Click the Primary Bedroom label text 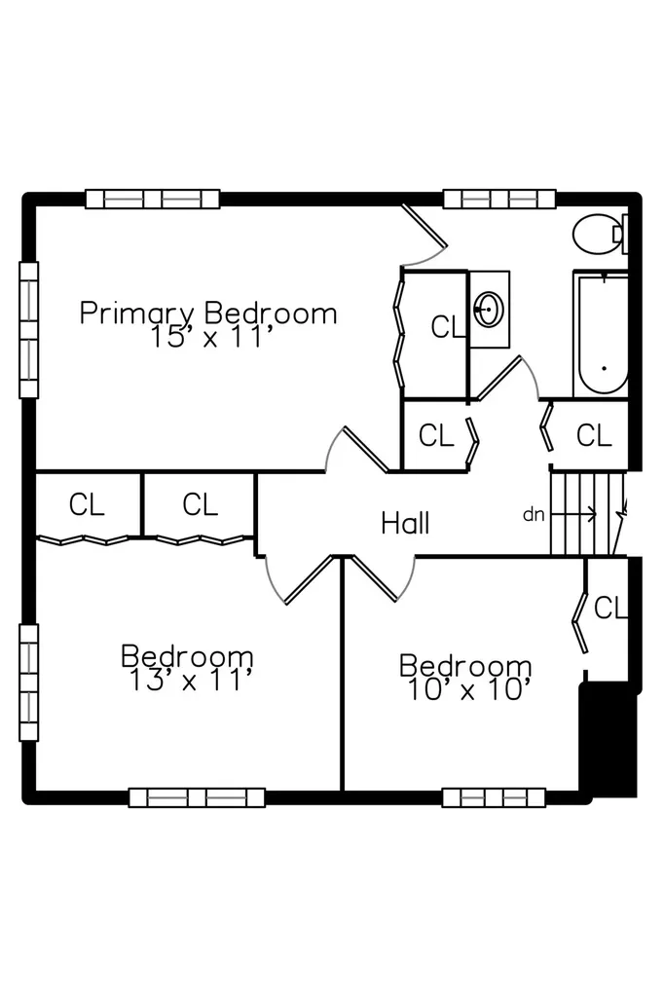[x=208, y=314]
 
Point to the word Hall [x=405, y=523]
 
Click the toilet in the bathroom [x=601, y=234]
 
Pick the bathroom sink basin [x=489, y=310]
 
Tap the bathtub [x=601, y=335]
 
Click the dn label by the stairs [x=534, y=514]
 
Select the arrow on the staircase [x=573, y=513]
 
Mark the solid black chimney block [x=609, y=740]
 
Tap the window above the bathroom [x=499, y=199]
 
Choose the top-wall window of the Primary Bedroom [x=153, y=199]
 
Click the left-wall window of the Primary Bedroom [x=28, y=330]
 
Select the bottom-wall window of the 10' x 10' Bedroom [x=494, y=797]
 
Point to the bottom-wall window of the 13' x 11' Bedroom [x=197, y=797]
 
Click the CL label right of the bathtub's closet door [x=594, y=436]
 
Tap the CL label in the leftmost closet [x=87, y=505]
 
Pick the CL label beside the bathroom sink [x=448, y=327]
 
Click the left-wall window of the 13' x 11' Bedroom [x=28, y=683]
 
